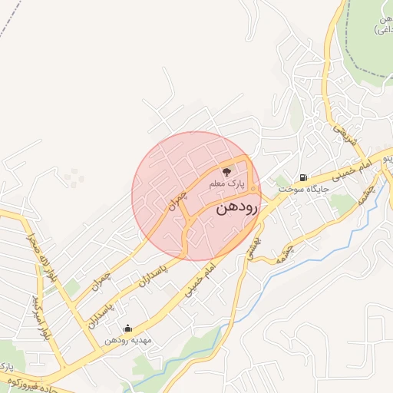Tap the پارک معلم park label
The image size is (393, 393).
coord(226,185)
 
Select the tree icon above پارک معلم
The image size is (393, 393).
coord(226,172)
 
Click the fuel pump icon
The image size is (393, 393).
coord(305,177)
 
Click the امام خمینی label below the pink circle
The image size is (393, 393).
coord(197,279)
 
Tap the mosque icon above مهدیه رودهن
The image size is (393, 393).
coord(127,328)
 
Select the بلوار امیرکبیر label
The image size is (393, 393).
coord(38,315)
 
